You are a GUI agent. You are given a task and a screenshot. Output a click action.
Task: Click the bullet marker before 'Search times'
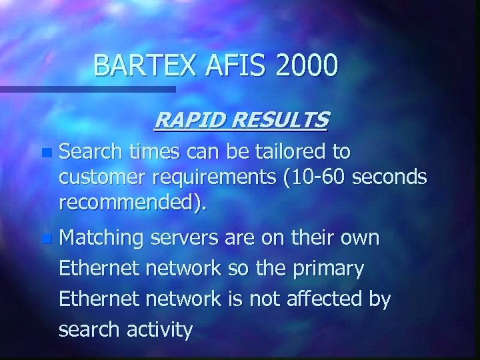tap(45, 153)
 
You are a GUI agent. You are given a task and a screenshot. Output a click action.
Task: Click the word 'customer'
tap(100, 177)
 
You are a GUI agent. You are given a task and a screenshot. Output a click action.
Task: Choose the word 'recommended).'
tap(132, 202)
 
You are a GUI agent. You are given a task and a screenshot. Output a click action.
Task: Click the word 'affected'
tap(331, 299)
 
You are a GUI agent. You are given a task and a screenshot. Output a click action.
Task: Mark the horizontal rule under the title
tap(87, 89)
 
